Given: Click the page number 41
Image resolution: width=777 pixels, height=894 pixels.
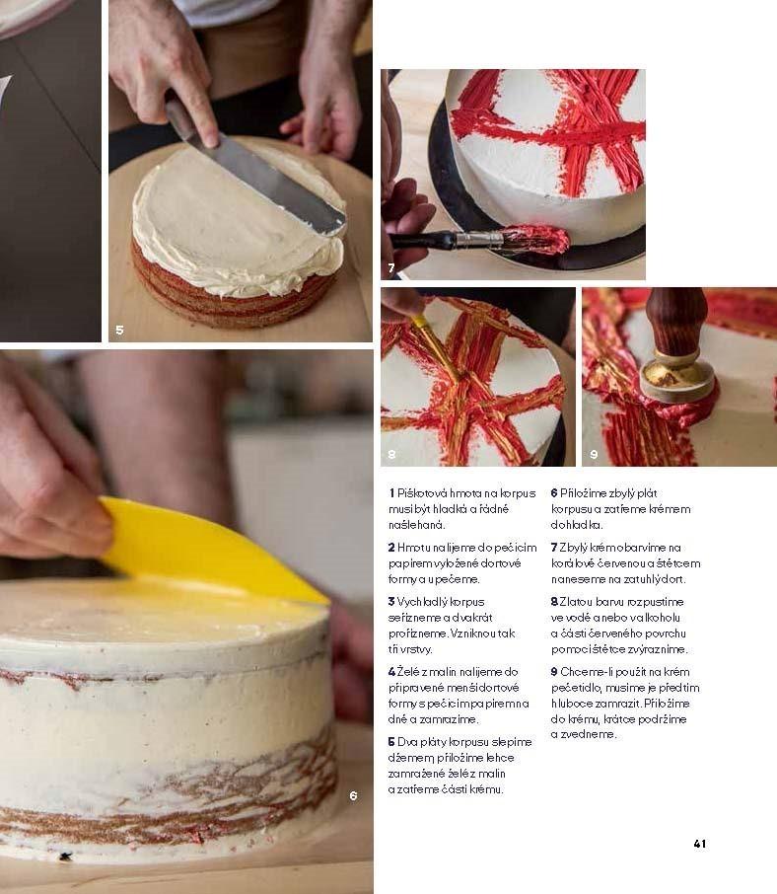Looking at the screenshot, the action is click(699, 844).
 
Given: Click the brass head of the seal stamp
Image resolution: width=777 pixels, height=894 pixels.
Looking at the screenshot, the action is click(676, 379).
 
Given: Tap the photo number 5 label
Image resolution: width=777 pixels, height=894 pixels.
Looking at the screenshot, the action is click(119, 330).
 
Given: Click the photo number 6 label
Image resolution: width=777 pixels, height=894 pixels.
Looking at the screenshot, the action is click(353, 795).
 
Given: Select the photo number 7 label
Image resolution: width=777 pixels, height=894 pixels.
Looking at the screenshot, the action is click(391, 267).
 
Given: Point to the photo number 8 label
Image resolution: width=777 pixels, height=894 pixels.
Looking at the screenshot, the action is click(391, 455).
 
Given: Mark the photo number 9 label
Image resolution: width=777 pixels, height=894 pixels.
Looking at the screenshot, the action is click(594, 455).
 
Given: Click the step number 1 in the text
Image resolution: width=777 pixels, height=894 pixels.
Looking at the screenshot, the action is click(391, 493).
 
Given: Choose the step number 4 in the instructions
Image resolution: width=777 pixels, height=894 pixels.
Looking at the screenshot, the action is click(391, 672).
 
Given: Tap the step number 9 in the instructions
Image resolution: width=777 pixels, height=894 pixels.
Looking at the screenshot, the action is click(554, 672).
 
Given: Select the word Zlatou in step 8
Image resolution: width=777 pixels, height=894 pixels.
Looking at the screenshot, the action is click(576, 602).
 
